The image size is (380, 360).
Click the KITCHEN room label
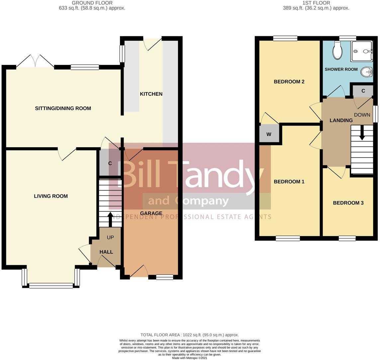[x=151, y=94]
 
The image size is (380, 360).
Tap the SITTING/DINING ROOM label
[x=63, y=108]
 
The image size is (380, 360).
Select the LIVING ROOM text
[x=51, y=196]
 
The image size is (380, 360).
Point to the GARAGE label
[x=151, y=213]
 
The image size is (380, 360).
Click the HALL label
[x=106, y=252]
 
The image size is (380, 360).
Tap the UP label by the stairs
[x=110, y=237]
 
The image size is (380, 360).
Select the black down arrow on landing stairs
[x=362, y=132]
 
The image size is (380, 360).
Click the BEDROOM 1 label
[x=289, y=181]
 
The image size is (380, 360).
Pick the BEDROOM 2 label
[x=289, y=81]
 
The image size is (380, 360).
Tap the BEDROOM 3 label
[x=348, y=203]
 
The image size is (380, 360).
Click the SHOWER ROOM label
[x=341, y=69]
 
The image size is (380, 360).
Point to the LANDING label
[x=341, y=120]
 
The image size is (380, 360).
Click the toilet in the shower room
[x=337, y=50]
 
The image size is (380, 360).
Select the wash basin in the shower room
[x=367, y=72]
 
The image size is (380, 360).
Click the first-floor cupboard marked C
[x=363, y=91]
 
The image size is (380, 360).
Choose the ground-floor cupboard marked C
[x=110, y=163]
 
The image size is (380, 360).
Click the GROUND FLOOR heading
[x=92, y=3]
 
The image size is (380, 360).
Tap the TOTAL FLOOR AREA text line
[x=190, y=335]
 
